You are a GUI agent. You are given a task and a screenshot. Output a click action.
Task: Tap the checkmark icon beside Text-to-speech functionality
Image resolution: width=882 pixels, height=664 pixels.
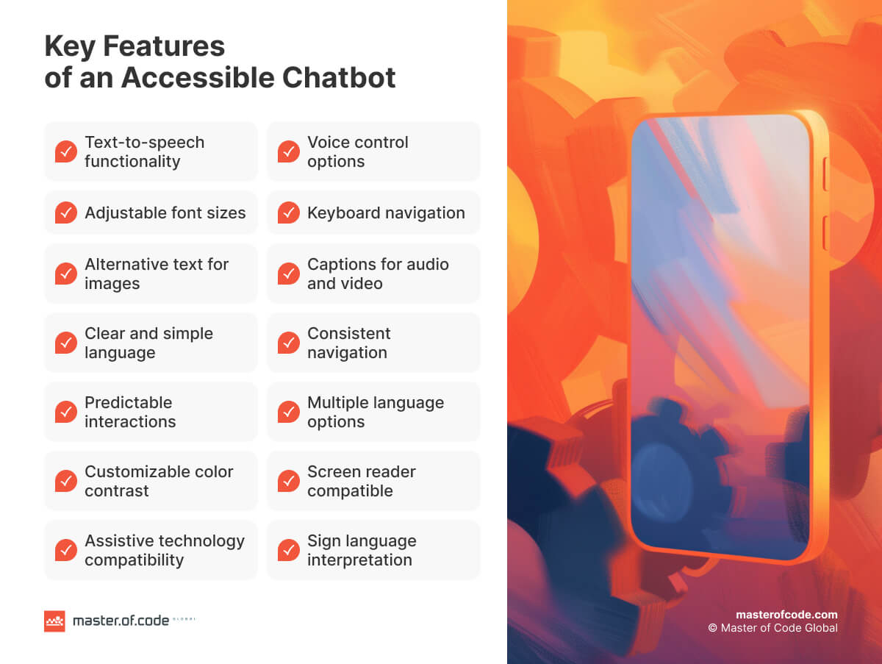(x=66, y=152)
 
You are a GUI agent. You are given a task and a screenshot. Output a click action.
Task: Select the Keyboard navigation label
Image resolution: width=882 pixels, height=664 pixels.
(x=386, y=213)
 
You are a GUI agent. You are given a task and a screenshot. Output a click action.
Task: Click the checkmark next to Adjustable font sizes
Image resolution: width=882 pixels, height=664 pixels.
(x=66, y=213)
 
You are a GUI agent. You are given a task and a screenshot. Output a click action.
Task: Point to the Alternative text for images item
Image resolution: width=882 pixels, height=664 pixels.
(x=156, y=274)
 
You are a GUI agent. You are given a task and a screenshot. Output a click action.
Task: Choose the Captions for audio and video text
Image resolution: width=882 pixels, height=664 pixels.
(x=378, y=274)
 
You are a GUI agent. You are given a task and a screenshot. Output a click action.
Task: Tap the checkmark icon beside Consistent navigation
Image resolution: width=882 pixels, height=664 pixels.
(x=289, y=343)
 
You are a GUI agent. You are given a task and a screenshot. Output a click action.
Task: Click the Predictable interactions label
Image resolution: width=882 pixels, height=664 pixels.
(x=130, y=412)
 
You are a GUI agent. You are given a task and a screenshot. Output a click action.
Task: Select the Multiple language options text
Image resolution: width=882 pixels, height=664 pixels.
(x=375, y=412)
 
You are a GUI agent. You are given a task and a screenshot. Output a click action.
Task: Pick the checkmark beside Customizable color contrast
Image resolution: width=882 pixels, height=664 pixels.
(x=66, y=482)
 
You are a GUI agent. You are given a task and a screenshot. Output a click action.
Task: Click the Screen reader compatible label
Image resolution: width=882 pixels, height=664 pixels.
(x=361, y=481)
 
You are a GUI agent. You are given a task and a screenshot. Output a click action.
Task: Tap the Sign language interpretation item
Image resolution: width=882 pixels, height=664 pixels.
(x=361, y=550)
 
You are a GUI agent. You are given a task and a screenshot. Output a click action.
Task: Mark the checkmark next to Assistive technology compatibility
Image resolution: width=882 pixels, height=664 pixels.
(x=66, y=551)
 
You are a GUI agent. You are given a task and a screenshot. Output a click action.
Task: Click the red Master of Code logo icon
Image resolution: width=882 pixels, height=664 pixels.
(x=54, y=621)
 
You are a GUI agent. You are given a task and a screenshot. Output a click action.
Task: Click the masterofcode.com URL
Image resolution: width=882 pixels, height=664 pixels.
(x=786, y=615)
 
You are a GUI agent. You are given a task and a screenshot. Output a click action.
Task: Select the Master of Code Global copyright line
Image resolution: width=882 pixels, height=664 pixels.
(x=772, y=628)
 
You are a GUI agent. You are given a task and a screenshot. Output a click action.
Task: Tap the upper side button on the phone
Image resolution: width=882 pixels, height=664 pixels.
(x=825, y=174)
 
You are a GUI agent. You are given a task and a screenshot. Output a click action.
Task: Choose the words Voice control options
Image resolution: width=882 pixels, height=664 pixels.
(x=357, y=151)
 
